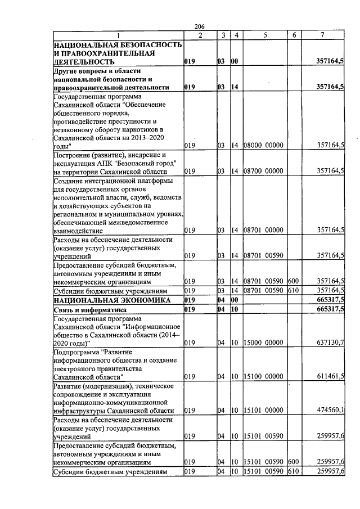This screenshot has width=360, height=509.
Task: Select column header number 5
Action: tap(264, 35)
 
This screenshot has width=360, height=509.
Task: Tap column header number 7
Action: tap(322, 35)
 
